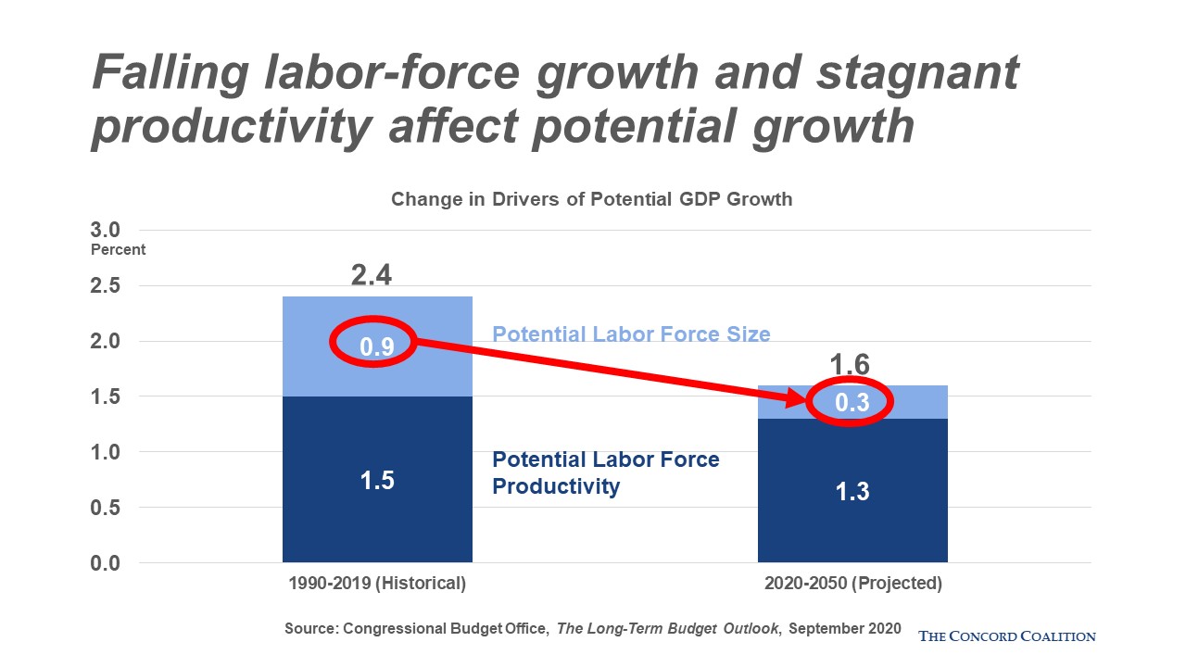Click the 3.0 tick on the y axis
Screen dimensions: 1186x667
click(x=106, y=230)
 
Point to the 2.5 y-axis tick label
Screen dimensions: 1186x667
click(x=106, y=285)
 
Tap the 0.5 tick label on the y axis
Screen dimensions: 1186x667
click(x=106, y=507)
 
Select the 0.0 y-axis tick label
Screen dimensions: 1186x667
click(x=106, y=562)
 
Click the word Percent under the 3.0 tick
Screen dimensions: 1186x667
click(x=118, y=249)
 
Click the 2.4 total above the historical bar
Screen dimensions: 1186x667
click(x=372, y=275)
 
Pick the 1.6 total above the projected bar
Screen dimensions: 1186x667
click(x=850, y=364)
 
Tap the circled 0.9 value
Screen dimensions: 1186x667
click(x=377, y=346)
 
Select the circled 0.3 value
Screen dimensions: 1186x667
click(x=852, y=402)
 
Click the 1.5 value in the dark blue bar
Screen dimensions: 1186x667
click(x=377, y=481)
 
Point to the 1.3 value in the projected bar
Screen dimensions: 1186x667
click(x=852, y=491)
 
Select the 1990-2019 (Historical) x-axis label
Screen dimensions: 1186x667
click(x=377, y=583)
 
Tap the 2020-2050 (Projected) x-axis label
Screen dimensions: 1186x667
click(x=853, y=583)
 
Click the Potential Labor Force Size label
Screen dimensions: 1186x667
click(x=631, y=334)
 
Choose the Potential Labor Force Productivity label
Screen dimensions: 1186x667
click(x=606, y=472)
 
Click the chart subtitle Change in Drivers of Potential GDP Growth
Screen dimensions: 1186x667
click(x=591, y=199)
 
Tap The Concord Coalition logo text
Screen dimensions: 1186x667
click(x=1006, y=636)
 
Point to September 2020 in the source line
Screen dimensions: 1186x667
click(x=844, y=628)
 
